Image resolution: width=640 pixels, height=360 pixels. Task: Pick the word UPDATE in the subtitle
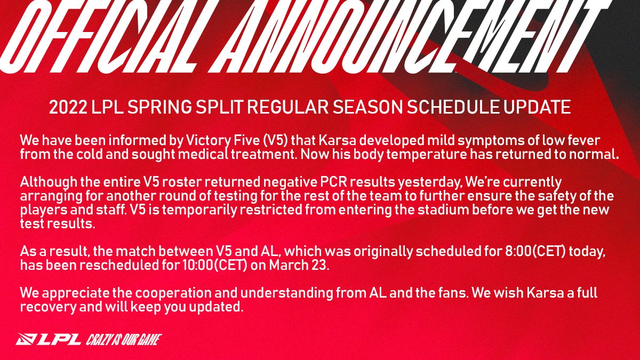pos(537,107)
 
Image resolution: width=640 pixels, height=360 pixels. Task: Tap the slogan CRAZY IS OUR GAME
pos(123,339)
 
